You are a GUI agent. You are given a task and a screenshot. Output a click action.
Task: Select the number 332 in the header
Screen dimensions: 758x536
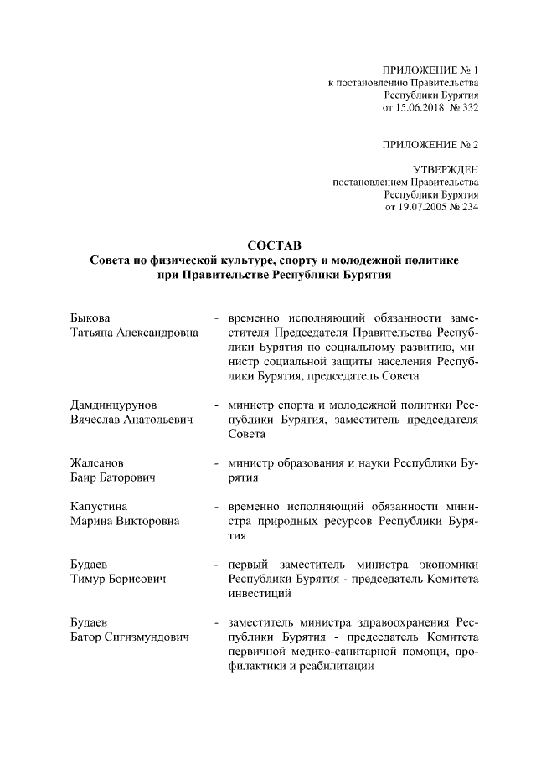coord(470,108)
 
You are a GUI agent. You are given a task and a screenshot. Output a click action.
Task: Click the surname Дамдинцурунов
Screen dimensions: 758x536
coord(114,405)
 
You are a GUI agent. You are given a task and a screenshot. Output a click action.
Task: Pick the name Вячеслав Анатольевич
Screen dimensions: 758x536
coord(131,420)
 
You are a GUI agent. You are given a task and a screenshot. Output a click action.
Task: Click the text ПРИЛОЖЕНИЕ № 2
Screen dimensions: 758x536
coord(430,145)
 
